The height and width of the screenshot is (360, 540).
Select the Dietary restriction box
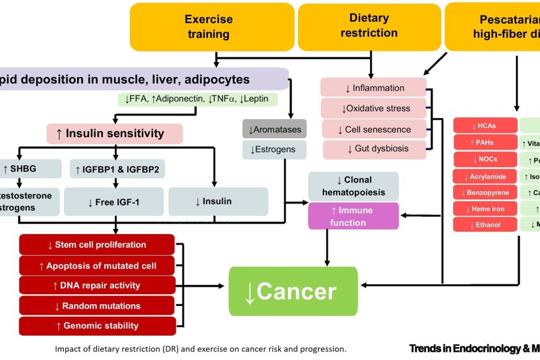(369, 26)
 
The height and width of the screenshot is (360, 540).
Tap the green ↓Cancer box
(293, 291)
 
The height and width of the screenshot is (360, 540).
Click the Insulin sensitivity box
(115, 133)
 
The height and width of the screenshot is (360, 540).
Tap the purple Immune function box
(353, 216)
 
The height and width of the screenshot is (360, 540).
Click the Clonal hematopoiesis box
(353, 186)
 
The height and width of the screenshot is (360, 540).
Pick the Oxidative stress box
(374, 108)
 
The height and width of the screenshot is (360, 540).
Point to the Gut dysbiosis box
(374, 149)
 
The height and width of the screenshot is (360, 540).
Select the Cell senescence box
(374, 129)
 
